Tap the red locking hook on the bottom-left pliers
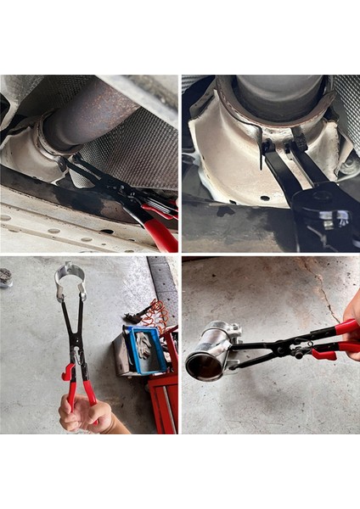click(x=65, y=372)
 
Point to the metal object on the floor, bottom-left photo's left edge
click(x=6, y=277)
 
